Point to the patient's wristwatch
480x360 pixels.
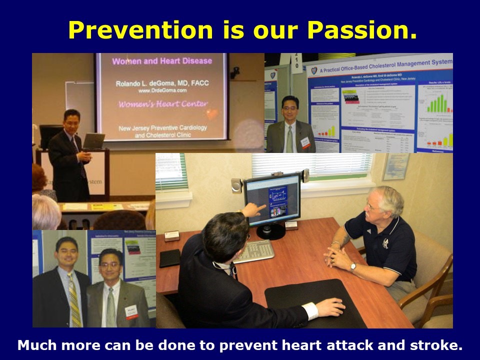pyautogui.click(x=353, y=266)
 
